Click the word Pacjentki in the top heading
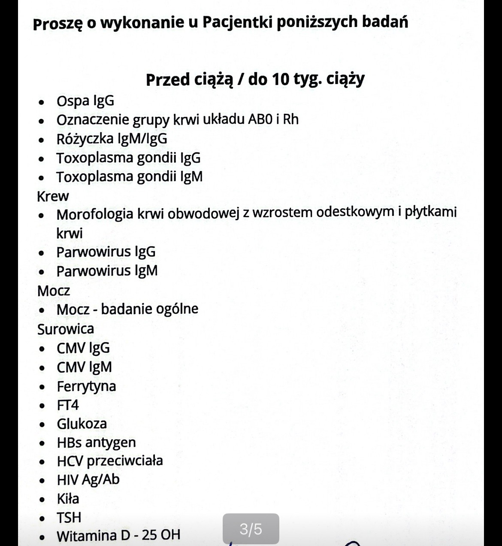236,22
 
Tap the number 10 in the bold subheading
281,79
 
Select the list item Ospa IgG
85,101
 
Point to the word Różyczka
85,139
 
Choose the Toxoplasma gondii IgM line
129,176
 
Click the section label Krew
53,196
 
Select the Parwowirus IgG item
106,252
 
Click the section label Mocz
54,291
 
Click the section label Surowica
66,329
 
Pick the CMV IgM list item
85,367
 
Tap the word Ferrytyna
86,386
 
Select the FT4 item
68,405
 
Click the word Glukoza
82,424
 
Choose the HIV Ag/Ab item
88,479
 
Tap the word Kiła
68,498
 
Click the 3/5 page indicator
251,529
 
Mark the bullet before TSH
42,519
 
